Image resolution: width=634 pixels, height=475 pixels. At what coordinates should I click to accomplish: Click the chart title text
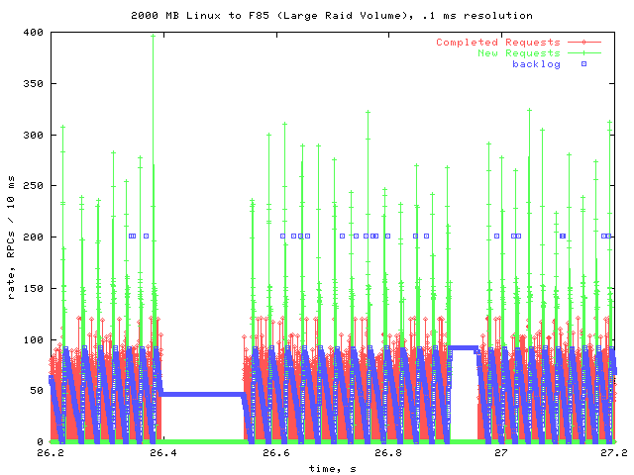[331, 15]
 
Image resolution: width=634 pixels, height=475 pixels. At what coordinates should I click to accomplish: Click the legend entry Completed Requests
[497, 43]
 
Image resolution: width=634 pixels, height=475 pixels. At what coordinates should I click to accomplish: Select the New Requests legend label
[518, 53]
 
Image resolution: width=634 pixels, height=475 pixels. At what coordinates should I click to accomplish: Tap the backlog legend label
[536, 64]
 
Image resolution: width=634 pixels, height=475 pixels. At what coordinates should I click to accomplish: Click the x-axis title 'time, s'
[331, 468]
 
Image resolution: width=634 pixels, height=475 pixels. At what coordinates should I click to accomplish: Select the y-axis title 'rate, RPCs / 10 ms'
[11, 237]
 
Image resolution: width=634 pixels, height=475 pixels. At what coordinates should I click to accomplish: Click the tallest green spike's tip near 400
[153, 36]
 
